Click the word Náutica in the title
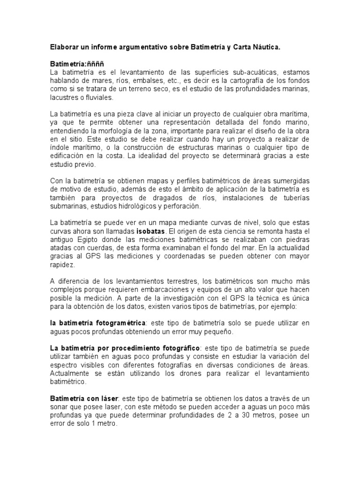tap(266, 47)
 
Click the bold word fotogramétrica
tap(120, 323)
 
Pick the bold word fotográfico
tap(174, 348)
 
